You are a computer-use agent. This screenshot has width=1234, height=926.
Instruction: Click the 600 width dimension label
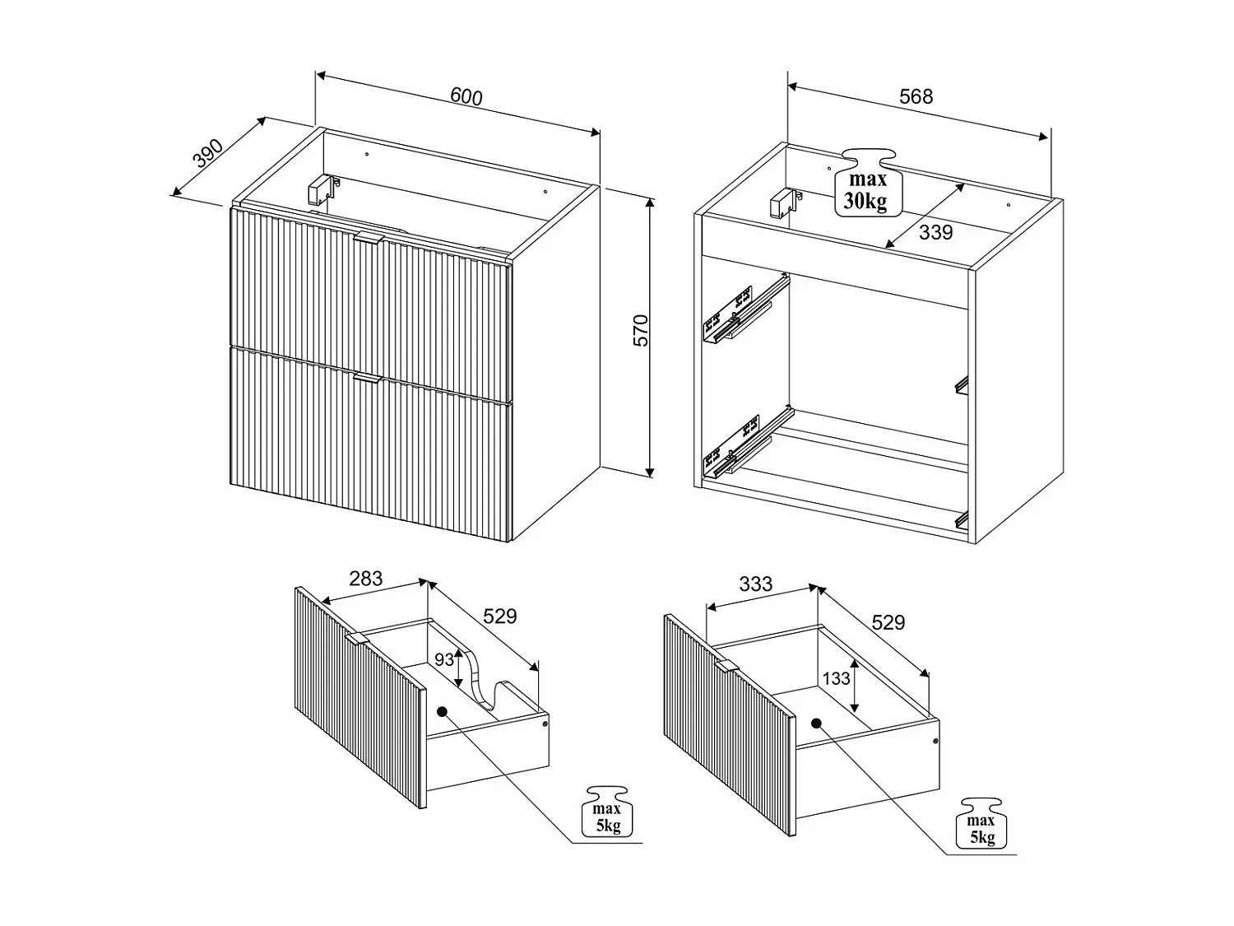click(466, 96)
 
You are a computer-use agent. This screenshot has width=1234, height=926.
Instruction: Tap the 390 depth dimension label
click(208, 153)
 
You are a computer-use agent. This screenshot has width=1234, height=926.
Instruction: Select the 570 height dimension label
click(641, 331)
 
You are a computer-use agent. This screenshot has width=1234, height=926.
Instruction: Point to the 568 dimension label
click(916, 96)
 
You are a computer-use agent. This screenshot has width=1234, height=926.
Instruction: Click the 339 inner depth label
click(935, 232)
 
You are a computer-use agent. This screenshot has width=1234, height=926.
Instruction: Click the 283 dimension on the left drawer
click(365, 579)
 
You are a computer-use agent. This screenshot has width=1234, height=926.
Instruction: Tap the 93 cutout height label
click(444, 659)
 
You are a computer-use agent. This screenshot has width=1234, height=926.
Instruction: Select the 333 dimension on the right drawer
click(755, 584)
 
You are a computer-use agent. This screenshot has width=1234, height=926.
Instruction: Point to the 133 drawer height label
click(836, 678)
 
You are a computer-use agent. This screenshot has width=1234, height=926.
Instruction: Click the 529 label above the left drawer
click(500, 617)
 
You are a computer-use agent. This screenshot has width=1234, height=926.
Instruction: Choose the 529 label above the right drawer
click(888, 622)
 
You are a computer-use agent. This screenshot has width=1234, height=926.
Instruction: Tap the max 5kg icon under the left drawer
click(607, 812)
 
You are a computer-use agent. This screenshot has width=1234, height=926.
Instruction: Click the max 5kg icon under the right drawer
click(981, 823)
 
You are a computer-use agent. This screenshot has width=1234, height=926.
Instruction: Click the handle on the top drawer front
click(369, 238)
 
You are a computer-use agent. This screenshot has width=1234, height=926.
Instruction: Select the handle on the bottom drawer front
click(369, 378)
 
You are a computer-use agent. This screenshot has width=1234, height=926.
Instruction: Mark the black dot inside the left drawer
click(441, 712)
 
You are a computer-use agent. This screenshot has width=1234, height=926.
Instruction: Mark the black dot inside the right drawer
click(816, 724)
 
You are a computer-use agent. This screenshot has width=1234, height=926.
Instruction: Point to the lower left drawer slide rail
click(749, 444)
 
